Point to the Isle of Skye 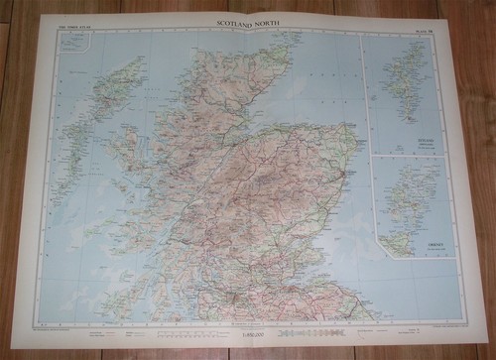pos(124,149)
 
